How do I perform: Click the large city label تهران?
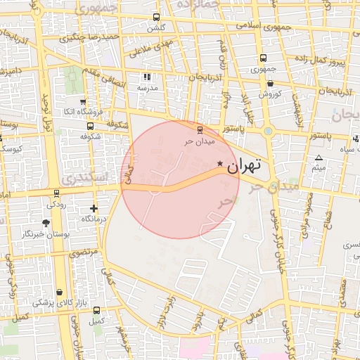pyautogui.click(x=245, y=166)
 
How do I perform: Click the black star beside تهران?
pyautogui.click(x=220, y=164)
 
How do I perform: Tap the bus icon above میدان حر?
pyautogui.click(x=200, y=129)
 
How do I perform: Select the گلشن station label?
pyautogui.click(x=156, y=28)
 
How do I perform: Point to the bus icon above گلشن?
pyautogui.click(x=156, y=18)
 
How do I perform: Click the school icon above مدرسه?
pyautogui.click(x=147, y=77)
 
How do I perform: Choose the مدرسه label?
pyautogui.click(x=147, y=89)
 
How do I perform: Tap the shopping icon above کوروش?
pyautogui.click(x=270, y=82)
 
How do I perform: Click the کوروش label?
pyautogui.click(x=270, y=94)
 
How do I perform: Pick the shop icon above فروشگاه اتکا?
pyautogui.click(x=83, y=101)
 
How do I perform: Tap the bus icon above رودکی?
pyautogui.click(x=56, y=193)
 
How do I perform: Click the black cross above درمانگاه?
pyautogui.click(x=94, y=209)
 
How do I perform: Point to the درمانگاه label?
pyautogui.click(x=94, y=219)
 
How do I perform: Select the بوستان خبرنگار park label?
pyautogui.click(x=46, y=233)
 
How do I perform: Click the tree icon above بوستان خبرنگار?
pyautogui.click(x=46, y=223)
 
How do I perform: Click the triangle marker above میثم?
pyautogui.click(x=319, y=157)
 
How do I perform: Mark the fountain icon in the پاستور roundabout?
pyautogui.click(x=268, y=130)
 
